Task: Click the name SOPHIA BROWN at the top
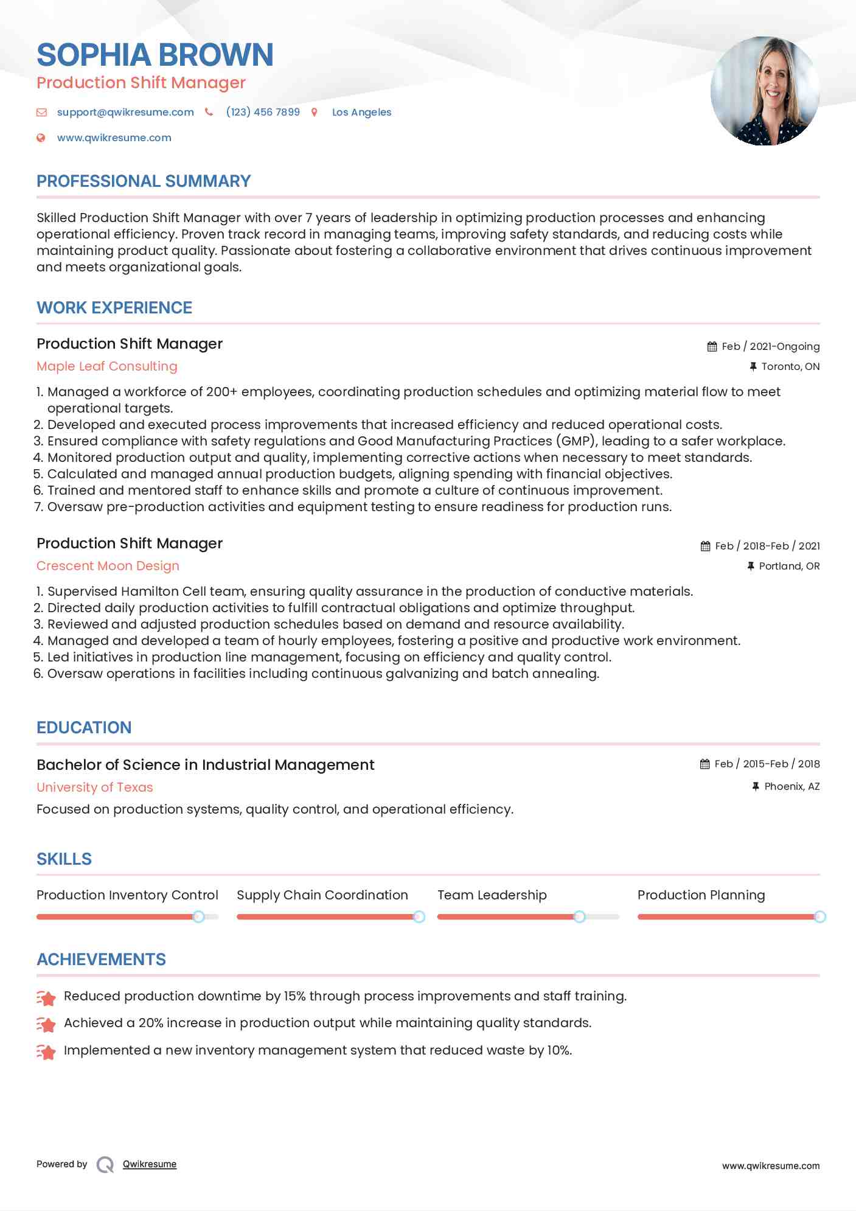coord(155,55)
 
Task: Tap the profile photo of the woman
coord(765,91)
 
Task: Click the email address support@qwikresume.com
coord(125,112)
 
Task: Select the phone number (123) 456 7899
coord(263,112)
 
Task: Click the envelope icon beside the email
coord(41,112)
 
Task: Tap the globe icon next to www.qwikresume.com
coord(41,138)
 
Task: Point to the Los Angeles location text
coord(361,112)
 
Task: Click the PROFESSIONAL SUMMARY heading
coord(144,181)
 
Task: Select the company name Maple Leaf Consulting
coord(107,366)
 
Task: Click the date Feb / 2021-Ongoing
coord(770,346)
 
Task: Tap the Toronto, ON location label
coord(790,366)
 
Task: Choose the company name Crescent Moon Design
coord(108,566)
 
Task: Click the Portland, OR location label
coord(788,566)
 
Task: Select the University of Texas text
coord(95,787)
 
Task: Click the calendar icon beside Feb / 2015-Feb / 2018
coord(705,764)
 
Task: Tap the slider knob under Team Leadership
coord(579,916)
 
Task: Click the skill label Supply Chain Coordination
coord(322,895)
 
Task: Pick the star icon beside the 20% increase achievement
coord(46,1024)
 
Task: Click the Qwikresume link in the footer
coord(149,1164)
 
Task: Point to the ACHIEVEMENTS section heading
coord(101,960)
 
